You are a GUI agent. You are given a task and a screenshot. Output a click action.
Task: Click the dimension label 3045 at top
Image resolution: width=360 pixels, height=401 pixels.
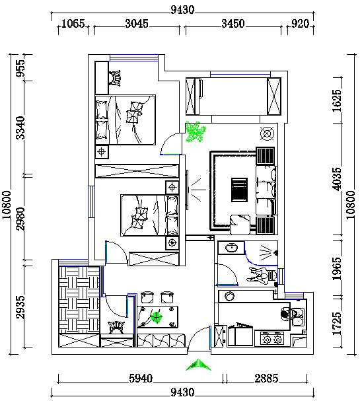[x=137, y=24]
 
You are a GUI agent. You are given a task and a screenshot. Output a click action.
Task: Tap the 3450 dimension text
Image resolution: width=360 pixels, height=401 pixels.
[x=233, y=24]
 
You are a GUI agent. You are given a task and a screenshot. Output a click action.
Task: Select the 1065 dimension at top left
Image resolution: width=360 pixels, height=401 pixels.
[x=73, y=24]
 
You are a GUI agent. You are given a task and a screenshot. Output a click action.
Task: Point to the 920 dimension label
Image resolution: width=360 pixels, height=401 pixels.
[x=301, y=24]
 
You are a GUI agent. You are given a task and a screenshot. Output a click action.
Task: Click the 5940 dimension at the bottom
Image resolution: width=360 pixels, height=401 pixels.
[x=141, y=379]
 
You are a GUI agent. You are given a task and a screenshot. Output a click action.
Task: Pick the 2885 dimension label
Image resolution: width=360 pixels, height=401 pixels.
[x=266, y=379]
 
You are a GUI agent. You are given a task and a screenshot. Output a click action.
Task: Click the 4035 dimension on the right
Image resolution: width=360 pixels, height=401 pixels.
[x=336, y=179]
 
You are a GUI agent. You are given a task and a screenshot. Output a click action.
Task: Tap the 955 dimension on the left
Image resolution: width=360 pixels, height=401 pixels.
[x=20, y=68]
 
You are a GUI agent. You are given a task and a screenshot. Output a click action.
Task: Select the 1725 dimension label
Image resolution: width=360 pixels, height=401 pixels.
[x=336, y=323]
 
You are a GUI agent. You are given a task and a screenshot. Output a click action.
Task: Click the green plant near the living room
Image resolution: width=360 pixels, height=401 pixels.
[x=196, y=131]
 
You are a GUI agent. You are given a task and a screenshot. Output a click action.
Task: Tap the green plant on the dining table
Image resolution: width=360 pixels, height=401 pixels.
[x=157, y=317]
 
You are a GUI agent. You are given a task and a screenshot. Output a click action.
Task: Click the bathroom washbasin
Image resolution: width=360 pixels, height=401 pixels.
[x=232, y=248]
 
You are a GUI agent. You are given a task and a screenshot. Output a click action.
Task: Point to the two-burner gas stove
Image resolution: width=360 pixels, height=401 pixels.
[x=273, y=339]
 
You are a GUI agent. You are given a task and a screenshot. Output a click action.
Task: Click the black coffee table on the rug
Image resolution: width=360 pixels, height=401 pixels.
[x=240, y=190]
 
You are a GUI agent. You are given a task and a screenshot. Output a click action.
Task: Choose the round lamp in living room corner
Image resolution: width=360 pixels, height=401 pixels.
[x=267, y=133]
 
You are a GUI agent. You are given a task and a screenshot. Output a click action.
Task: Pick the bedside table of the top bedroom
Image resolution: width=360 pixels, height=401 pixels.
[x=102, y=152]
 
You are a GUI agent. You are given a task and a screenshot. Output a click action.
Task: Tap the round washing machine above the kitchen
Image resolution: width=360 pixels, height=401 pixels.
[x=230, y=296]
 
